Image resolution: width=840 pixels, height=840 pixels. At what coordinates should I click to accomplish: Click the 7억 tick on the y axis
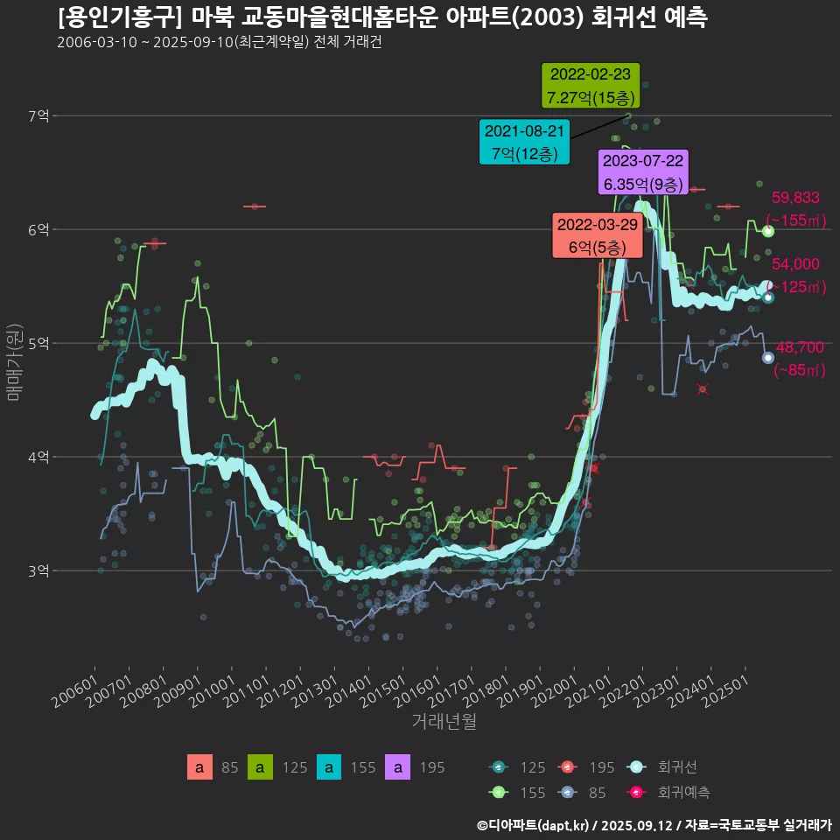coord(38,115)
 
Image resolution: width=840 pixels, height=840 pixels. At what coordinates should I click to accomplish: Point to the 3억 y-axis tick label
coord(38,570)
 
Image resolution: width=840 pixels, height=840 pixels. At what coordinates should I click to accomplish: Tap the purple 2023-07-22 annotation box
coord(643,172)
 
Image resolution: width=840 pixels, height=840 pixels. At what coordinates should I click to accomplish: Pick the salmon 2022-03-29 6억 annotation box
coord(598,235)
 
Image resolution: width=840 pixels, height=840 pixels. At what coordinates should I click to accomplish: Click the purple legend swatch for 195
coord(398,768)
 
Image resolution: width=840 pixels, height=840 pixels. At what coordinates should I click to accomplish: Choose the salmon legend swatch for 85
coord(199,768)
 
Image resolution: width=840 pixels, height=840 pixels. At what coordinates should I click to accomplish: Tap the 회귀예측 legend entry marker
coord(637,792)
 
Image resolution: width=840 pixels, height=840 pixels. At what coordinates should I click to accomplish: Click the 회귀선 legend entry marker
coord(637,767)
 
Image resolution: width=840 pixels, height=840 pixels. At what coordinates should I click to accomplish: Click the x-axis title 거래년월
coord(444,722)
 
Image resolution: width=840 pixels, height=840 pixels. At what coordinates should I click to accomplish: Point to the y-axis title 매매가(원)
coord(14,361)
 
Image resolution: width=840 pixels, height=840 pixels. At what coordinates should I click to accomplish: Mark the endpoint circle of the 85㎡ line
coord(767,357)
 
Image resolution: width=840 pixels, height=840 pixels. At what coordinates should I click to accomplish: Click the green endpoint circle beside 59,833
coord(767,231)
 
